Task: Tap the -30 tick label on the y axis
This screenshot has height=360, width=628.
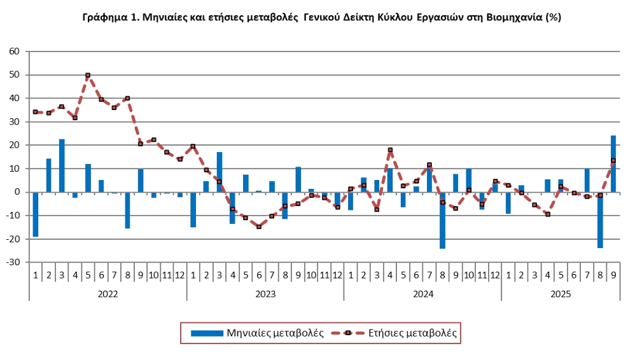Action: (13, 262)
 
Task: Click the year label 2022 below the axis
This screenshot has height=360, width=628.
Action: (108, 294)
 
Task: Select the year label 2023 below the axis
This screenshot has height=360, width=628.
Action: (265, 294)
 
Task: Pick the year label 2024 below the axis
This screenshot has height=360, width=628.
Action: (422, 294)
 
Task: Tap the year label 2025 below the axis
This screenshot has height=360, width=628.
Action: (561, 294)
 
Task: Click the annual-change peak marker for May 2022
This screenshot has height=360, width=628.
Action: (88, 75)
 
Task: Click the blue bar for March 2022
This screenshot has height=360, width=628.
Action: (62, 165)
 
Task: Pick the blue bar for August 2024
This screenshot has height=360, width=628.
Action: (442, 220)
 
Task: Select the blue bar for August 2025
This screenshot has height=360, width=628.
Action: (600, 220)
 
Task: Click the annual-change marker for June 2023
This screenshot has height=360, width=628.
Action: (258, 226)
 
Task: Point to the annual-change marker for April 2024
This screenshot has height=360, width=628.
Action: (390, 150)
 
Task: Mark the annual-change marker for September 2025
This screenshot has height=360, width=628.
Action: (613, 160)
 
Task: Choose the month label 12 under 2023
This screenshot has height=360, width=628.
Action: (337, 275)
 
